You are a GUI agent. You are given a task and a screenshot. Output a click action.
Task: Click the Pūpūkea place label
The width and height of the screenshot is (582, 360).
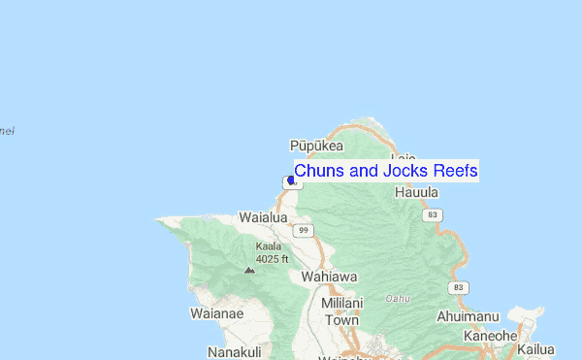pyautogui.click(x=317, y=146)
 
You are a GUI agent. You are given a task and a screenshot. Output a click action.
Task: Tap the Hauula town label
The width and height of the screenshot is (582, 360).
pyautogui.click(x=417, y=192)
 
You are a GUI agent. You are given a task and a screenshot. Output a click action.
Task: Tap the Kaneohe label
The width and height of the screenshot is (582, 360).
pyautogui.click(x=490, y=336)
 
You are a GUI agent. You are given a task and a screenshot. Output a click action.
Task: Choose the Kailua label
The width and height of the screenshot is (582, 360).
pyautogui.click(x=536, y=349)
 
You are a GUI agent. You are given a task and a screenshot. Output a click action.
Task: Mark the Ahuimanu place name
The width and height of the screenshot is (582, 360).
pyautogui.click(x=470, y=316)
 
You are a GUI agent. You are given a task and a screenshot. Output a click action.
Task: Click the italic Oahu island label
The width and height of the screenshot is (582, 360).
pyautogui.click(x=399, y=298)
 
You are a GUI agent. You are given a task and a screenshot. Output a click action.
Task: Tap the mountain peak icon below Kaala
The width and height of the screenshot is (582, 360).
pyautogui.click(x=250, y=270)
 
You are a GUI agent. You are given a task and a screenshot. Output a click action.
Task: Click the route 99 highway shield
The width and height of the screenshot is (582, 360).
pyautogui.click(x=306, y=230)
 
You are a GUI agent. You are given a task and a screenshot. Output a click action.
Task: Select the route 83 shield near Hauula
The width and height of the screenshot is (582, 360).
pyautogui.click(x=433, y=213)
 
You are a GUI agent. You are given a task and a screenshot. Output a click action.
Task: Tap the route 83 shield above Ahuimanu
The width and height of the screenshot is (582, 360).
pyautogui.click(x=459, y=288)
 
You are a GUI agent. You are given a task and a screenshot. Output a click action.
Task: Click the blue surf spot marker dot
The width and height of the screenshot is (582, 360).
pyautogui.click(x=291, y=180)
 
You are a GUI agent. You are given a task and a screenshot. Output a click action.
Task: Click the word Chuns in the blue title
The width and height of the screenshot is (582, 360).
pyautogui.click(x=316, y=171)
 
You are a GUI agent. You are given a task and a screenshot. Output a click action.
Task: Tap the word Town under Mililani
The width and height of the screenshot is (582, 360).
pyautogui.click(x=340, y=319)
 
